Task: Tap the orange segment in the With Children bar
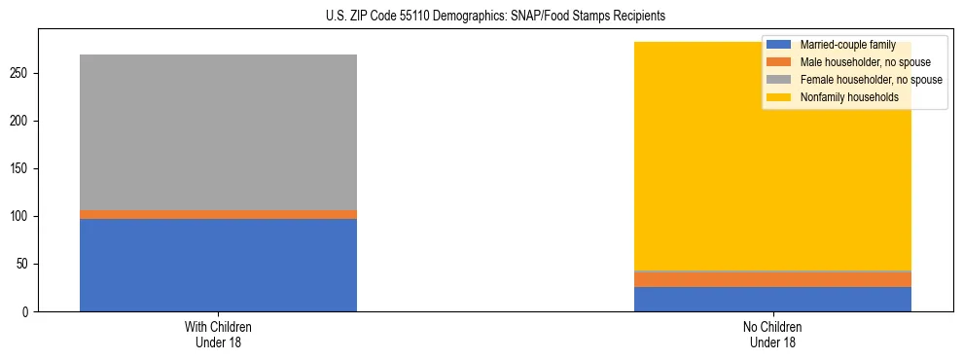[x=218, y=214]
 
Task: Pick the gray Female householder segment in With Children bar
[x=218, y=132]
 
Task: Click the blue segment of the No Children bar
[x=772, y=299]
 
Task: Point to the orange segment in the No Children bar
[x=772, y=279]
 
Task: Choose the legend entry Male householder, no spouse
[x=856, y=62]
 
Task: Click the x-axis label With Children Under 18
[x=218, y=335]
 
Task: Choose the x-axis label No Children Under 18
[x=772, y=335]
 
